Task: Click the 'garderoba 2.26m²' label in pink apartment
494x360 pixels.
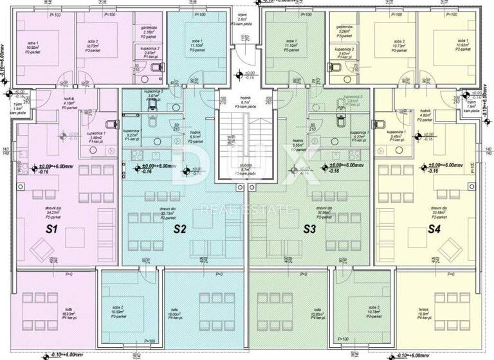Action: (145, 32)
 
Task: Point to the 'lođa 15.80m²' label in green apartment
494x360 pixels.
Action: (317, 315)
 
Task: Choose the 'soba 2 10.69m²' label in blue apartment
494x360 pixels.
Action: (116, 312)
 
